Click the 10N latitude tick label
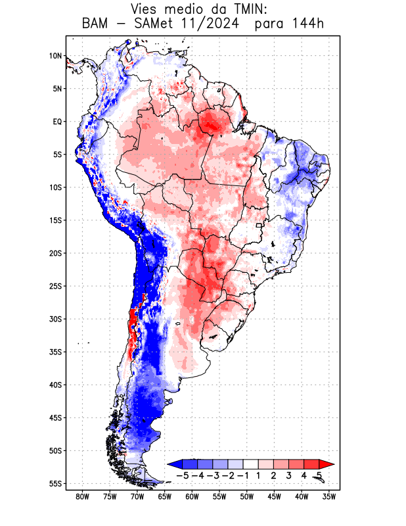pos(55,56)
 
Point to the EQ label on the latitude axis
pos(57,122)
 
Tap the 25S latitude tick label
pos(55,286)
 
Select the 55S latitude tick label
pos(55,483)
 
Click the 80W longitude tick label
pos(82,496)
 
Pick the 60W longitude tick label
pos(192,496)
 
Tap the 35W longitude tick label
pos(329,496)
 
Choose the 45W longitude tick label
pos(274,496)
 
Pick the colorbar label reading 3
pos(288,475)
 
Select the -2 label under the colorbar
pos(227,475)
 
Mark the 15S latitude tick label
pos(55,220)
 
